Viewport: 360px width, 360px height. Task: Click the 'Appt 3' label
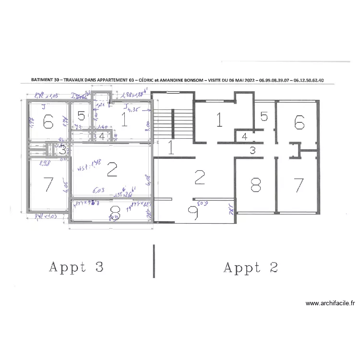coord(76,267)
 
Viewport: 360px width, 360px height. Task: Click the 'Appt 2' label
coord(251,267)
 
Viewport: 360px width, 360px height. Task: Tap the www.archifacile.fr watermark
coord(330,303)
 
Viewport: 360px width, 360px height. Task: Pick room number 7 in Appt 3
coord(48,184)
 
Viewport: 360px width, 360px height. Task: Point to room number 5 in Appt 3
coord(82,116)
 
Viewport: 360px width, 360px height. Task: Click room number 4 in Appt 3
coord(102,136)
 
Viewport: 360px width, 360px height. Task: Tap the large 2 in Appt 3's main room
coord(112,168)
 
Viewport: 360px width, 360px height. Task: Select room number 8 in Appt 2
coord(255,184)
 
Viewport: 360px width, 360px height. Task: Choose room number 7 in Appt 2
coord(299,184)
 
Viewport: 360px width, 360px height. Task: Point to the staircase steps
coord(173,120)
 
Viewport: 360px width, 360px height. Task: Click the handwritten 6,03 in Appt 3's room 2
coord(98,191)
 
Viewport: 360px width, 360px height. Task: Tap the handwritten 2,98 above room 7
coord(46,163)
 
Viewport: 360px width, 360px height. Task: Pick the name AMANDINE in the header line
coord(178,81)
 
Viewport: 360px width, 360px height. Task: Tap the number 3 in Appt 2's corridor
coord(252,150)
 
